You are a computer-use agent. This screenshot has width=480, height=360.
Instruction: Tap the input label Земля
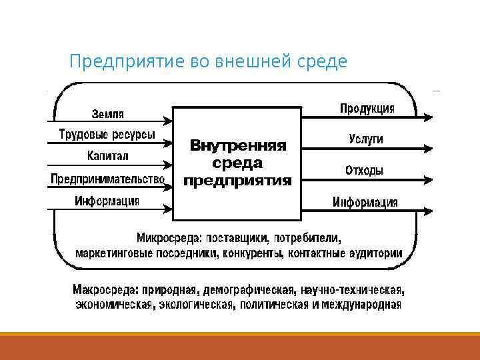[107, 113]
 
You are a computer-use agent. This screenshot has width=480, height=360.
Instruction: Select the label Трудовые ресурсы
[107, 135]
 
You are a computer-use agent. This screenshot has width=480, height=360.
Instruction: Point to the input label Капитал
[107, 156]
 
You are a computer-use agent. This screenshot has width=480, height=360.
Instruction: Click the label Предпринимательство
[107, 179]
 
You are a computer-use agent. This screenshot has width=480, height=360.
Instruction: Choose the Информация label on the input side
[107, 201]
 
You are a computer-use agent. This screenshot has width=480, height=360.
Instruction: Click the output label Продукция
[367, 108]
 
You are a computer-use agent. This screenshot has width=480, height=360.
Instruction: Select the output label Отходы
[364, 170]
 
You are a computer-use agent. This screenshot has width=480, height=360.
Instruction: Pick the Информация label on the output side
[365, 202]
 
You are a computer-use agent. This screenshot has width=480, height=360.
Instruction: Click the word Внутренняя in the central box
[237, 145]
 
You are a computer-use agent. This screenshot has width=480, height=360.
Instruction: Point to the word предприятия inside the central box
[237, 179]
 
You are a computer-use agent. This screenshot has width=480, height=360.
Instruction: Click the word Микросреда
[169, 237]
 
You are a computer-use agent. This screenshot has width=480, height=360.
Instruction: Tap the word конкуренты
[253, 253]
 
